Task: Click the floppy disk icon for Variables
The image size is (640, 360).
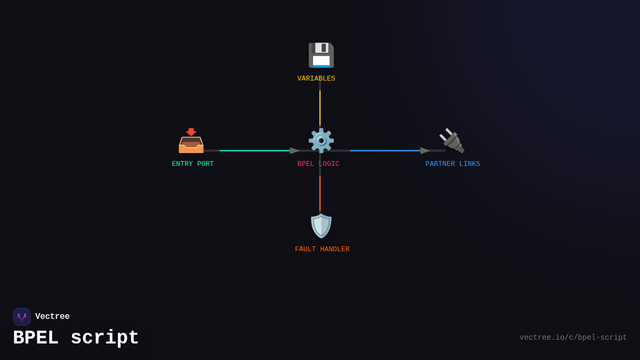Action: click(321, 55)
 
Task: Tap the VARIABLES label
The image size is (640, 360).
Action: click(316, 78)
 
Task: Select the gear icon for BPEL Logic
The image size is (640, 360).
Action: click(321, 140)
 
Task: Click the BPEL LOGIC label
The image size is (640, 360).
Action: click(318, 164)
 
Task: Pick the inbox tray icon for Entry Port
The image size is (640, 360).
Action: click(191, 140)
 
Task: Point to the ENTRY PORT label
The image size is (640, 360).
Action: click(193, 164)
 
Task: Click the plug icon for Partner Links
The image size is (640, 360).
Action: click(452, 140)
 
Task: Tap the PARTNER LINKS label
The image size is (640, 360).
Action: click(453, 164)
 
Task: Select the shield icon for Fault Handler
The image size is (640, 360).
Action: click(321, 226)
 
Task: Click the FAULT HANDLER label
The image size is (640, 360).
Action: click(322, 249)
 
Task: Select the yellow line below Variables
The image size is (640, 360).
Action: click(320, 108)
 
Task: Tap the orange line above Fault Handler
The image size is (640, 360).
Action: click(320, 193)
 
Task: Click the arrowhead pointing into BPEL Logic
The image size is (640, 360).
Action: click(295, 150)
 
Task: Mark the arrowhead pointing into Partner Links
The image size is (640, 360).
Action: click(425, 150)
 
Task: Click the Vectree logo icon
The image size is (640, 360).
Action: click(22, 317)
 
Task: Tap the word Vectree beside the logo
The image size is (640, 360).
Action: click(52, 317)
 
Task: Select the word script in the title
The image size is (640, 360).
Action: click(105, 338)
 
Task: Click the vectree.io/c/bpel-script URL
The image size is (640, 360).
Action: click(573, 338)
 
